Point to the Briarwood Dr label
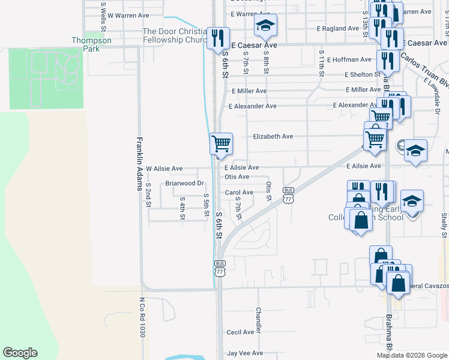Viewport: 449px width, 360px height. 185,183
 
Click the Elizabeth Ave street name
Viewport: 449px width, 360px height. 273,136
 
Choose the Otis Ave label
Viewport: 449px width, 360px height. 237,177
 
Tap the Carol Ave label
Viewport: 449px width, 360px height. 239,193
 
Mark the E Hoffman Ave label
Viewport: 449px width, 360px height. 351,59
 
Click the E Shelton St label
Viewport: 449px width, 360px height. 363,74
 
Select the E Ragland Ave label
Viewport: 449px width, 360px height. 338,28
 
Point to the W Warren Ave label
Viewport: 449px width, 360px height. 128,15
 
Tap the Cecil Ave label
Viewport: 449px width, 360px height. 240,332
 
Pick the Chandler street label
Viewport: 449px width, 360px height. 259,320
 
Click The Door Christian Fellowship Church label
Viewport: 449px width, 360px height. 174,36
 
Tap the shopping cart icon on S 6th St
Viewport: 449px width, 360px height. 221,143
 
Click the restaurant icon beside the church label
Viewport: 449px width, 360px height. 217,39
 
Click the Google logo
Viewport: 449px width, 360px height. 20,353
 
